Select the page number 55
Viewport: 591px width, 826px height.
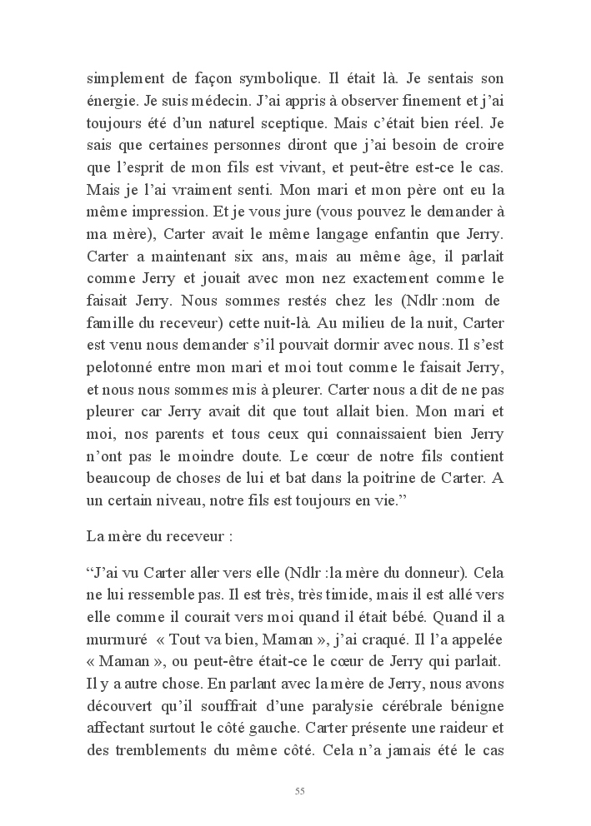point(299,790)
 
